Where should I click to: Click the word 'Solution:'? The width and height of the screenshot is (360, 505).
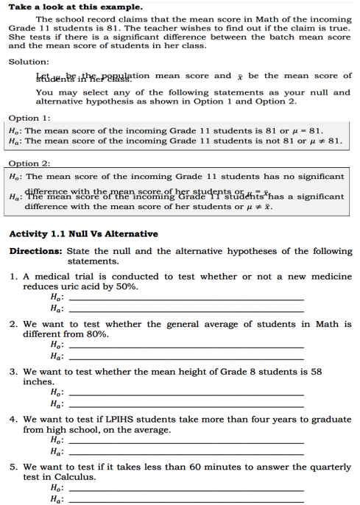click(x=29, y=62)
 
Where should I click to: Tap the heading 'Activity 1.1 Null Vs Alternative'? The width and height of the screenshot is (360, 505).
click(x=82, y=234)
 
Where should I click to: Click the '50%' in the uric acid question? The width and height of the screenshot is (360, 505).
click(x=127, y=286)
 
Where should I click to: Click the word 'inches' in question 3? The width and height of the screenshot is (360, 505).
click(x=38, y=382)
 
